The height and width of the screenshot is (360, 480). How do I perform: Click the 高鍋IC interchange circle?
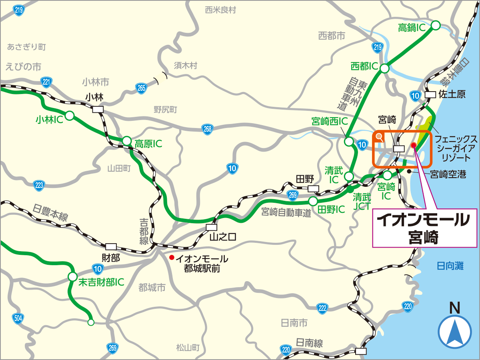(436, 25)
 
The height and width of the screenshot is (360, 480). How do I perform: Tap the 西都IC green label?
(364, 65)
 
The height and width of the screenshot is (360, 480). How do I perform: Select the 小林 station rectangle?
(98, 109)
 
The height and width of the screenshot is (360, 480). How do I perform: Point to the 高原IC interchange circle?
(127, 141)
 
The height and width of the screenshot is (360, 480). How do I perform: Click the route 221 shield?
(47, 82)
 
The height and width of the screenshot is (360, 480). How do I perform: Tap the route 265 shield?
(141, 88)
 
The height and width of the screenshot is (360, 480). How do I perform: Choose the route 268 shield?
(207, 128)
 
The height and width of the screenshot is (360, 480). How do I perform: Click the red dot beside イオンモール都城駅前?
(172, 257)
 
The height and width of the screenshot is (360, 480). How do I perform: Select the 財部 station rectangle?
(111, 246)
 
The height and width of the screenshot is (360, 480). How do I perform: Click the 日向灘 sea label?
(450, 266)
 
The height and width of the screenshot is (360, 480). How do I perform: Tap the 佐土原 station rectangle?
(430, 94)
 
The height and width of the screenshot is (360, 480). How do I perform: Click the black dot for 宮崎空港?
(409, 171)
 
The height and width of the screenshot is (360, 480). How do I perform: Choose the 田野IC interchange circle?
(313, 201)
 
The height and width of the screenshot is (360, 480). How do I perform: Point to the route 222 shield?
(323, 308)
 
